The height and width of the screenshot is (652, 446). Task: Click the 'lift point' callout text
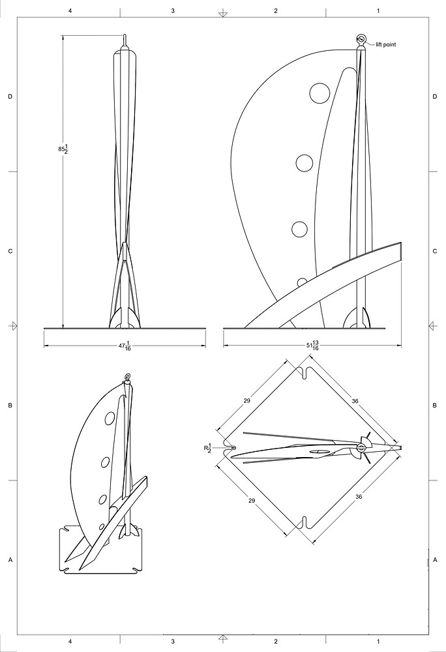[x=386, y=44]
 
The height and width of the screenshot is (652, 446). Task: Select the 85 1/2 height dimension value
[x=63, y=149]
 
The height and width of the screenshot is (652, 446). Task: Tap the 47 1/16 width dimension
[x=125, y=346]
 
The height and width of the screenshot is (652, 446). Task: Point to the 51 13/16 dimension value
[x=312, y=346]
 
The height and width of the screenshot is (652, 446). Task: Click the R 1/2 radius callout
[x=207, y=448]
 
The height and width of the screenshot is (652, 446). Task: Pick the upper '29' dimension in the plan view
[x=247, y=401]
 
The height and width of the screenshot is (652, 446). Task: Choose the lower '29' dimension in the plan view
[x=252, y=501]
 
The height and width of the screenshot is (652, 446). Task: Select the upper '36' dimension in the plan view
[x=355, y=401]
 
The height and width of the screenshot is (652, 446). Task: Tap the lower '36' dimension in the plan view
[x=359, y=496]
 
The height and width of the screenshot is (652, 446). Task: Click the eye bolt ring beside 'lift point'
[x=361, y=40]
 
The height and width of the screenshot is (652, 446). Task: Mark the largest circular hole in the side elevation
[x=320, y=93]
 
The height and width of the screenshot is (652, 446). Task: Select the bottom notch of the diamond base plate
[x=305, y=522]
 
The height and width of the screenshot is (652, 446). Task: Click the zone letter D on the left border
[x=10, y=96]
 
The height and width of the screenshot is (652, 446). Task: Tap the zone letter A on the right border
[x=435, y=560]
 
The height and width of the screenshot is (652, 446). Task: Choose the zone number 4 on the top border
[x=70, y=11]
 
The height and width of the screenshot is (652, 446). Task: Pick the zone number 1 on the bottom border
[x=378, y=642]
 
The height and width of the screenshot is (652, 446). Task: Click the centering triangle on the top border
[x=223, y=14]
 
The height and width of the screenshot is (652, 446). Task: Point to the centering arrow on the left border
[x=14, y=325]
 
